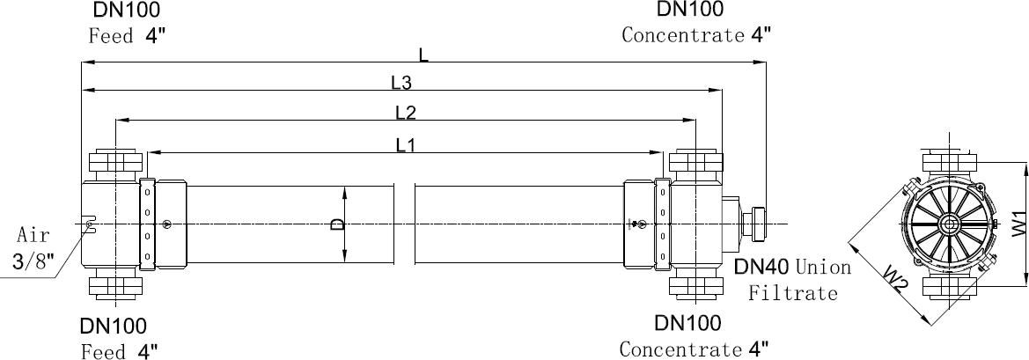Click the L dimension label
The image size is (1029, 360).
point(423,55)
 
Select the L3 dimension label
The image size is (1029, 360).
point(402,83)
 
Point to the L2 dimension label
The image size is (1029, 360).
point(406,112)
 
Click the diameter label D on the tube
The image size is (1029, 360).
point(335,225)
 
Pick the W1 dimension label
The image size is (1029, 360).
point(1018,224)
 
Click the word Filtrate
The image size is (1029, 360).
point(792,293)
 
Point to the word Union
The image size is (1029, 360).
point(823,267)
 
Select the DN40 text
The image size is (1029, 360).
point(762,267)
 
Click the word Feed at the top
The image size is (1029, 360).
point(111,36)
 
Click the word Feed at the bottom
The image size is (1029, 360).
point(105,352)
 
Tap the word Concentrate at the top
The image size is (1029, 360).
point(683,36)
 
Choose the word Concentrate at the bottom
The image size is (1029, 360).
point(680,349)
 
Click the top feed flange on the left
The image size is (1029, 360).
point(114,163)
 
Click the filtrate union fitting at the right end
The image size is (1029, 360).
point(754,224)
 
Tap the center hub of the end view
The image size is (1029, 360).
point(950,224)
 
